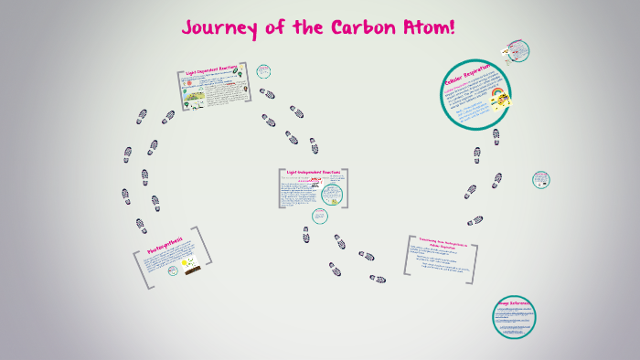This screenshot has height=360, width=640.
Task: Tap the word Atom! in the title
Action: click(424, 27)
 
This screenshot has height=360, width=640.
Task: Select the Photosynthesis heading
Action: click(165, 246)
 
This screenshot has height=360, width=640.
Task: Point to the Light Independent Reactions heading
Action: click(314, 172)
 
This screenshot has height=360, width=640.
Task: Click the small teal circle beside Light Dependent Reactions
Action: click(263, 70)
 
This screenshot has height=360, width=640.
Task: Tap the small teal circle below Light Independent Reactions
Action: click(320, 217)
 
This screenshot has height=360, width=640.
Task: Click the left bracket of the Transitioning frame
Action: click(408, 256)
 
